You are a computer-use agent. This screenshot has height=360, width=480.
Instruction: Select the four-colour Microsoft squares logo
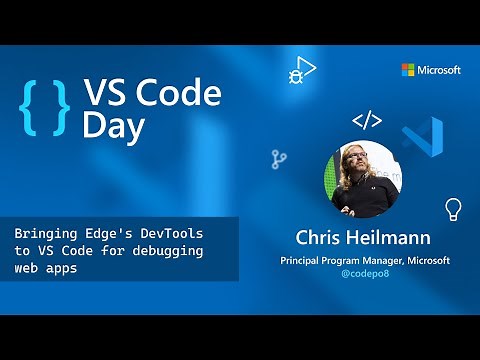tap(408, 70)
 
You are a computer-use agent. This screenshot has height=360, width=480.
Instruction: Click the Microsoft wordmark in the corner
tap(439, 70)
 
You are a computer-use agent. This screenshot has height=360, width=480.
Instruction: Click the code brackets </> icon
tap(367, 121)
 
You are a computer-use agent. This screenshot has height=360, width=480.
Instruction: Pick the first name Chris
tap(318, 238)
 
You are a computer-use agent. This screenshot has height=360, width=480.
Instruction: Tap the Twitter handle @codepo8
tap(363, 273)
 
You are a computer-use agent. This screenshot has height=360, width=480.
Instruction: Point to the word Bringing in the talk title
tap(46, 232)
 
